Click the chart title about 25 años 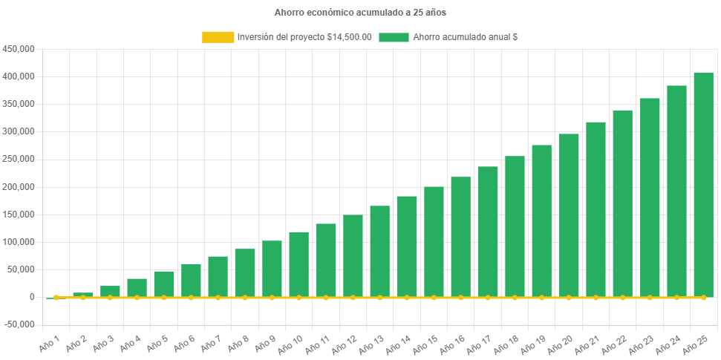tap(360, 13)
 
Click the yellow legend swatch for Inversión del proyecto tap(218, 37)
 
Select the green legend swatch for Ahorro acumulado tap(394, 37)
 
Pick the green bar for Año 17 tap(488, 231)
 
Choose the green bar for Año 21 tap(596, 209)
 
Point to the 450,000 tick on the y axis tap(20, 49)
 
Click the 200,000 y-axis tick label tap(20, 187)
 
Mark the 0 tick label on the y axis tap(33, 297)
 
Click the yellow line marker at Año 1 tap(56, 298)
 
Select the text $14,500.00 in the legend tap(349, 37)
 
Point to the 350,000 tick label tap(20, 104)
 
